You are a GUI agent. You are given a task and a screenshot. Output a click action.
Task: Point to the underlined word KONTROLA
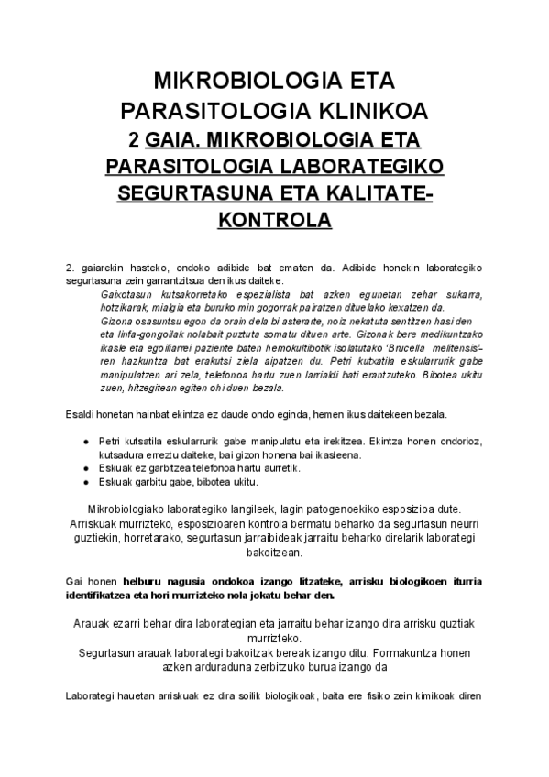(274, 221)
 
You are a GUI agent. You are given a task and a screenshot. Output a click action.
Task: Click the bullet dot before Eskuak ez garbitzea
(85, 468)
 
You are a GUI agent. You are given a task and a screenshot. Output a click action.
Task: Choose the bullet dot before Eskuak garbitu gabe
(85, 482)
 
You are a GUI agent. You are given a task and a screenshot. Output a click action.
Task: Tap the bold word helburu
(136, 581)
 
